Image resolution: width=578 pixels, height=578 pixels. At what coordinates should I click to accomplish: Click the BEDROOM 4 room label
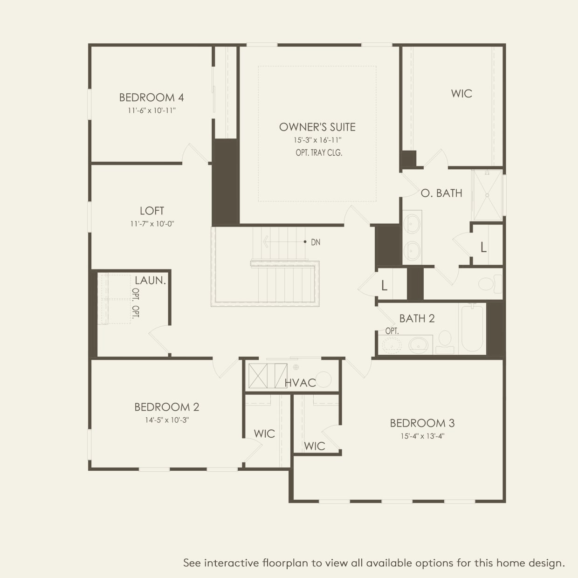click(x=151, y=97)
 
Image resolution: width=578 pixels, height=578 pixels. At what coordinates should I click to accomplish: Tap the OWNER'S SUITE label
click(x=317, y=127)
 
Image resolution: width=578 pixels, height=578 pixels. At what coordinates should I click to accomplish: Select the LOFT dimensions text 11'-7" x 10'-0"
click(x=152, y=224)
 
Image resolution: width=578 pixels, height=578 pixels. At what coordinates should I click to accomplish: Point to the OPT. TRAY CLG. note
click(x=319, y=152)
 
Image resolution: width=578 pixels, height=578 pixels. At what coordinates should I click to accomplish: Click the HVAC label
click(x=300, y=383)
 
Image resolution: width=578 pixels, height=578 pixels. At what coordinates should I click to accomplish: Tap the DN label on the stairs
click(x=316, y=242)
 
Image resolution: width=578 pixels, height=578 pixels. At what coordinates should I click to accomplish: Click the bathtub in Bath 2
click(x=471, y=328)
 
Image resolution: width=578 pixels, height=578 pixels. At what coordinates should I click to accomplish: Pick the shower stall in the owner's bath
click(x=487, y=195)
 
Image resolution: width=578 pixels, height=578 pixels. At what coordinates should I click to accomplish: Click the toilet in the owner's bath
click(x=489, y=283)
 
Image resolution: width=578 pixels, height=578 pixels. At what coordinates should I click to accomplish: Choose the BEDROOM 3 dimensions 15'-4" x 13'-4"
click(x=422, y=436)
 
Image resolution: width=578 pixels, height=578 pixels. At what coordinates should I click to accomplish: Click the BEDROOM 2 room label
click(x=167, y=407)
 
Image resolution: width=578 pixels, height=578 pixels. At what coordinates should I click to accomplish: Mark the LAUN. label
click(x=150, y=280)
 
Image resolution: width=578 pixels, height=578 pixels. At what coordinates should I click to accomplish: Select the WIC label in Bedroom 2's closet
click(x=264, y=433)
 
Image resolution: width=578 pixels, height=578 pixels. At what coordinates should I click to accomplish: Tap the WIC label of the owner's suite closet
click(x=461, y=93)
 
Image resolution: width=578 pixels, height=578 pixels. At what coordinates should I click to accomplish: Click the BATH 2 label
click(x=417, y=318)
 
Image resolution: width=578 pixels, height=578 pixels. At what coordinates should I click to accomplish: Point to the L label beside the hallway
click(x=384, y=285)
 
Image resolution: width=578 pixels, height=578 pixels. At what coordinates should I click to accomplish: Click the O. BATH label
click(x=441, y=193)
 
